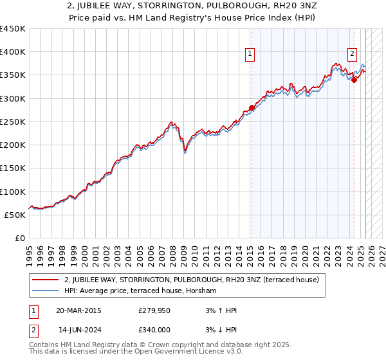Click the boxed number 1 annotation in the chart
pyautogui.click(x=250, y=55)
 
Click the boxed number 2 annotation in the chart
pyautogui.click(x=353, y=55)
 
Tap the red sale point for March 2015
pyautogui.click(x=252, y=108)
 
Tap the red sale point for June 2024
pyautogui.click(x=354, y=80)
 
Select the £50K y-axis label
pyautogui.click(x=15, y=215)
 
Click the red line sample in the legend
pyautogui.click(x=45, y=280)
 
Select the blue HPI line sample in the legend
pyautogui.click(x=45, y=291)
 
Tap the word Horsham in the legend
pyautogui.click(x=202, y=291)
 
